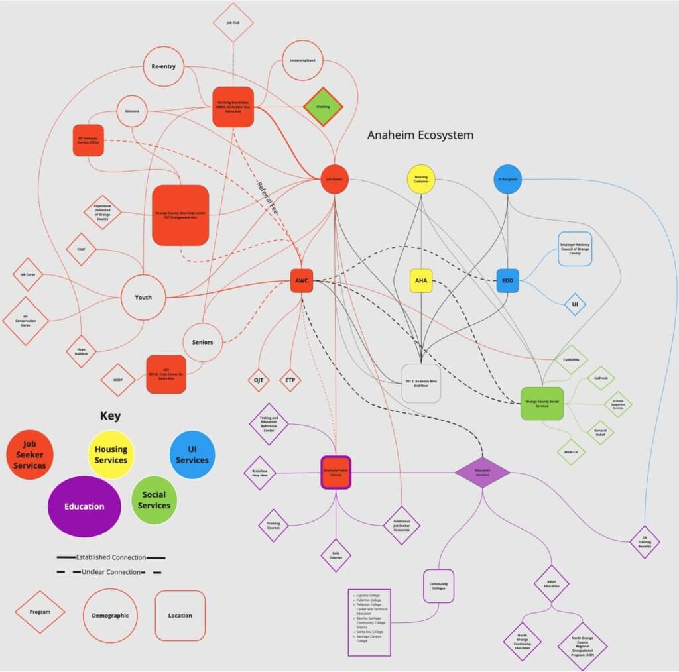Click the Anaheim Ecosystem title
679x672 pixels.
(x=420, y=135)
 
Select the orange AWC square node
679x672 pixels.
(x=301, y=280)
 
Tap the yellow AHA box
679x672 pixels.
(x=421, y=281)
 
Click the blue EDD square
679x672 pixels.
(x=507, y=281)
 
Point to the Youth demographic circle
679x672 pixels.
(x=143, y=298)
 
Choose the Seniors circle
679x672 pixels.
(x=203, y=342)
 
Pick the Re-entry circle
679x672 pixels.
(x=163, y=66)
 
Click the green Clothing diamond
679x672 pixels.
(x=323, y=106)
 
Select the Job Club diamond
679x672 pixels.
(x=233, y=23)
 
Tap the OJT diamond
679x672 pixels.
(x=258, y=380)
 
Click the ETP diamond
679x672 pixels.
(x=289, y=380)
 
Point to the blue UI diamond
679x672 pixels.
(x=575, y=305)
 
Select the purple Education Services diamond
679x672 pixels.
(x=482, y=473)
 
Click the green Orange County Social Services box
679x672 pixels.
(x=542, y=404)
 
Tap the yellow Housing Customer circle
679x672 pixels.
(x=421, y=179)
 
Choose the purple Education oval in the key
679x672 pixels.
(x=84, y=506)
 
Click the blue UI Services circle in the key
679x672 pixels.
(x=192, y=455)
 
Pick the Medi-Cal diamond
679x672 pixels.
(x=571, y=452)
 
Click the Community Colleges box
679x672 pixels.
(x=438, y=586)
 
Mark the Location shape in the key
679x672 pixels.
(x=180, y=616)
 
